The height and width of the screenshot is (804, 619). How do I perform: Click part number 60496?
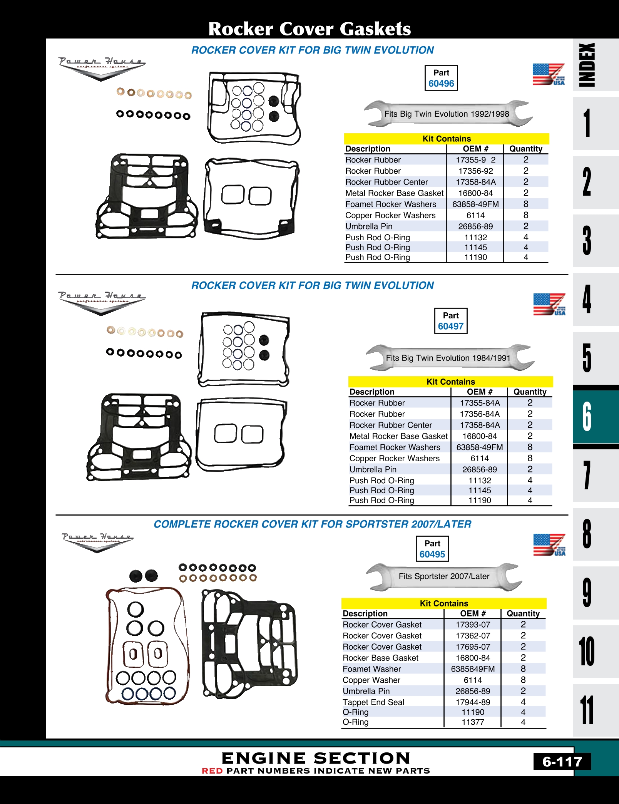[441, 84]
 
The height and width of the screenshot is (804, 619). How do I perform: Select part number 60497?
[450, 326]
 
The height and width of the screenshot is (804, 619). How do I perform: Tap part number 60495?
[432, 554]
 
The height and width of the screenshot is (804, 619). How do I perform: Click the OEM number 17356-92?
[475, 171]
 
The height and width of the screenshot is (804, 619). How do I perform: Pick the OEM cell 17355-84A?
[480, 403]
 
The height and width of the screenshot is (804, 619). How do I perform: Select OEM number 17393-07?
[473, 625]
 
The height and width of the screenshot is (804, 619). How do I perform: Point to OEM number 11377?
[473, 722]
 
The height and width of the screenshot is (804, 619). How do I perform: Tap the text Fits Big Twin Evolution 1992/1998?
[447, 114]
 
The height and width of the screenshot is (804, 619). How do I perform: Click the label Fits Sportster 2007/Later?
[444, 576]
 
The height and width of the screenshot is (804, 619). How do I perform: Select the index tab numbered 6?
[587, 417]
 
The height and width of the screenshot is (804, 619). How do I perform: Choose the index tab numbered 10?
[587, 651]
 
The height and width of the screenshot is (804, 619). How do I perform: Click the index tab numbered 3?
[587, 241]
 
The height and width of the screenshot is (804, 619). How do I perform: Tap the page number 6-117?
[562, 762]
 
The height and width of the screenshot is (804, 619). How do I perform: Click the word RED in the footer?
[212, 771]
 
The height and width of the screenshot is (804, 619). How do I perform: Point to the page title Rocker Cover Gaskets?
[309, 29]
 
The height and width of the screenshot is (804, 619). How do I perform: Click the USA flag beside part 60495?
[549, 545]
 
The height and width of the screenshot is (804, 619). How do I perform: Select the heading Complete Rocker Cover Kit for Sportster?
[312, 524]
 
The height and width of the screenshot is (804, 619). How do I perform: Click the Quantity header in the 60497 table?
[530, 392]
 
